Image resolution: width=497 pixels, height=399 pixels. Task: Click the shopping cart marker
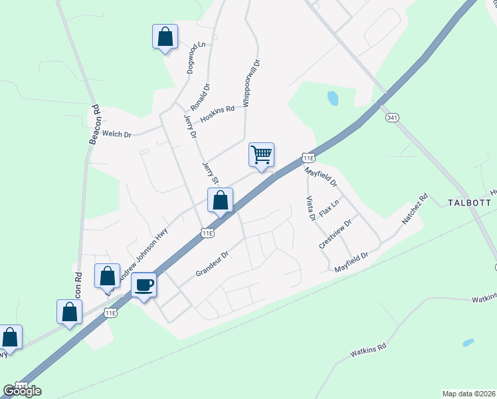261,155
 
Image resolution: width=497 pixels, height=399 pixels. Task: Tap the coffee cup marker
144,285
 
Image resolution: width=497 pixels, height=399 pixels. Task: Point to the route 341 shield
391,117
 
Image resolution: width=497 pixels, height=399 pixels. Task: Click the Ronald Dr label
200,97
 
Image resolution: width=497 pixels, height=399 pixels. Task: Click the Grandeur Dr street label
212,263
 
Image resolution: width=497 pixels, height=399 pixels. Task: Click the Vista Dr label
310,208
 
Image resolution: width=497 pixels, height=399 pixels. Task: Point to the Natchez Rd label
416,209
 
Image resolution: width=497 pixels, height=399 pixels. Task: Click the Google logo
22,390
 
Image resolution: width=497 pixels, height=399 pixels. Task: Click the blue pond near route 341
332,98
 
